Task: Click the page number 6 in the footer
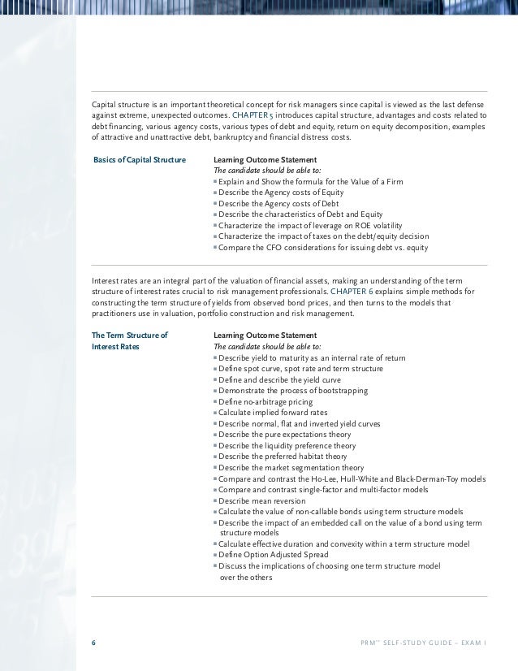pos(93,642)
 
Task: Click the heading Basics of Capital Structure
pos(140,159)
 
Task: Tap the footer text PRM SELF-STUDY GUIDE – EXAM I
pos(422,642)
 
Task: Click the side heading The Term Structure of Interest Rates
pos(130,341)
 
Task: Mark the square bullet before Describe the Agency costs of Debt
pos(215,204)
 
